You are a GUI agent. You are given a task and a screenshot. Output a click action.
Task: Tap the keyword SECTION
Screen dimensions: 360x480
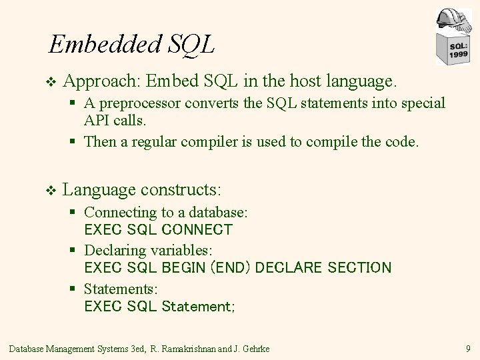click(360, 268)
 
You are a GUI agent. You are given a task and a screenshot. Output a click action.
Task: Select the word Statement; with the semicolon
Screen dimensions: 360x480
click(198, 307)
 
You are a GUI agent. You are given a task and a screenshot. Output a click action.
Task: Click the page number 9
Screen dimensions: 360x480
click(469, 347)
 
